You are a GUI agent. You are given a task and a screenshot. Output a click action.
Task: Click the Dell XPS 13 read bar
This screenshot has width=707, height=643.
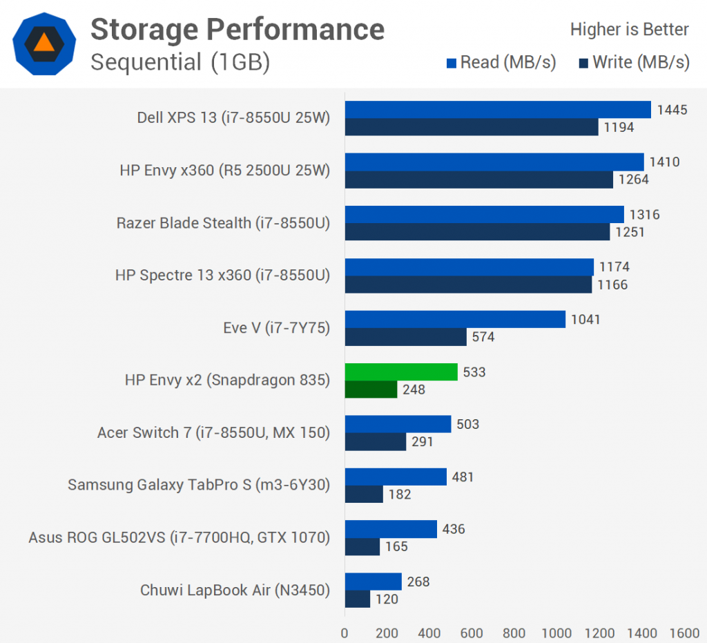point(497,110)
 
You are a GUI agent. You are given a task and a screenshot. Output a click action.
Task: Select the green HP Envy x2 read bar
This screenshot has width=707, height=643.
point(400,372)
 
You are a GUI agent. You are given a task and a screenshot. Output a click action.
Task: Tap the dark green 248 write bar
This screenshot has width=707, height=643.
point(371,390)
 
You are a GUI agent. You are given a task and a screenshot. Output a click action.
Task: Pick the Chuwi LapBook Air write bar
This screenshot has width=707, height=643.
point(357,599)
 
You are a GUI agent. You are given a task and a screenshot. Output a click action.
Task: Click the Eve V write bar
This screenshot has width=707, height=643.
point(405,337)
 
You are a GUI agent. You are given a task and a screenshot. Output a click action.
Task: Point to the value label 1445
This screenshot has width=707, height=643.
point(672,110)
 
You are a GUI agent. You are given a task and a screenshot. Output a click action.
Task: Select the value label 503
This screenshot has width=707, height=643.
point(468,424)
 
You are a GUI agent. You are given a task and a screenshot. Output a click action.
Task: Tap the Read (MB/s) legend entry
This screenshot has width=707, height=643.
point(501,63)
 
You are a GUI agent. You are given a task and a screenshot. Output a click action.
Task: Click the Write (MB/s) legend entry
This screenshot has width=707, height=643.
point(634,63)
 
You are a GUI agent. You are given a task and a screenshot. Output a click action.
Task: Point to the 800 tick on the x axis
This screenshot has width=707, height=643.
point(514,633)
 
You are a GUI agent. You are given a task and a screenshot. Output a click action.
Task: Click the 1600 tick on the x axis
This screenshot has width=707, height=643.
point(684,633)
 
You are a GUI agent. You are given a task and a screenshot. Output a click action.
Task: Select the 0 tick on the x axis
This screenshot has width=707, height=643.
point(345,633)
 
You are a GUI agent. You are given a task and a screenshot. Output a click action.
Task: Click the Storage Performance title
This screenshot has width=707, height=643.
point(238,29)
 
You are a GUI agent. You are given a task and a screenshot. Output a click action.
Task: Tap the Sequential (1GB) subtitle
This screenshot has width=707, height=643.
point(180,62)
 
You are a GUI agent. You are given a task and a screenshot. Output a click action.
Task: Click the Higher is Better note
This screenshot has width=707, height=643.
point(629,30)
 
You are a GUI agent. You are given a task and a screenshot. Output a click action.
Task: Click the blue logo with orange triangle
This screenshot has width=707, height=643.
point(44,43)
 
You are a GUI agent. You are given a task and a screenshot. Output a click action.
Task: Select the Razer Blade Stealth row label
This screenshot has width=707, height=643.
point(223,223)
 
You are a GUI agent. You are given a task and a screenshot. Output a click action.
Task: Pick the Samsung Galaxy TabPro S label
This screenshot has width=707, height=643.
point(199,485)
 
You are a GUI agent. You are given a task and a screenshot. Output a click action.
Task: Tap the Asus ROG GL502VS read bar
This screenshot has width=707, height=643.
point(391,529)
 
